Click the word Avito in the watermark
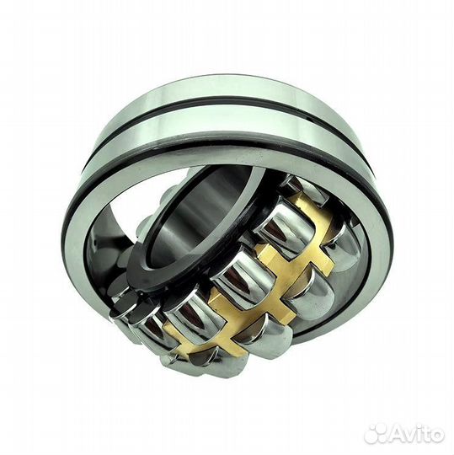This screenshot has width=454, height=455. (x=416, y=435)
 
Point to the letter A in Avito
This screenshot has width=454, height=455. (x=396, y=435)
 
